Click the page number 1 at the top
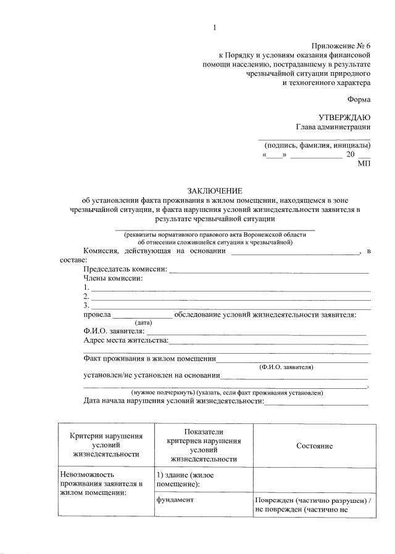pos(215,27)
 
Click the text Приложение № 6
pos(341,46)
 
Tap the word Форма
pos(359,99)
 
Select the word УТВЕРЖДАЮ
pos(344,117)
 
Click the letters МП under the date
pos(364,164)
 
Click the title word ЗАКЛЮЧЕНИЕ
pos(215,191)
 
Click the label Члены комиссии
pos(113,279)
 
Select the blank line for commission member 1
pos(231,288)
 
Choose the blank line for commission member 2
pos(231,297)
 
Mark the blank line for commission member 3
pos(231,306)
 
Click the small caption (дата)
pos(143,322)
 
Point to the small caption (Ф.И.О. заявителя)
pos(287,367)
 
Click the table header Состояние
pos(314,446)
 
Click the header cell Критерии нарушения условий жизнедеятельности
pos(106,445)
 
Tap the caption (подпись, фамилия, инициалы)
pos(314,145)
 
